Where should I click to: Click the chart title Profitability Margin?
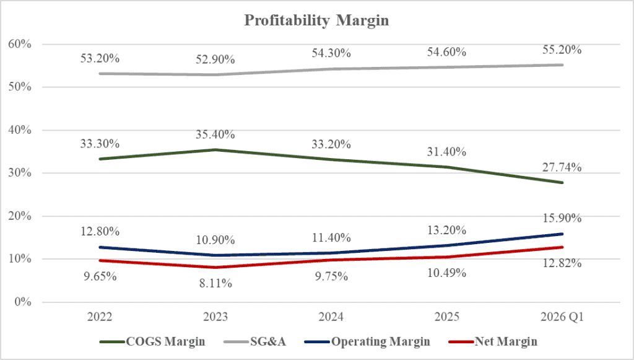[x=316, y=20]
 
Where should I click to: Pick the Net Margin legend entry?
[x=506, y=341]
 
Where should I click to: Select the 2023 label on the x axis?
[x=215, y=317]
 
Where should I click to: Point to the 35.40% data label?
[x=215, y=134]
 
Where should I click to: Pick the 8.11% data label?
[x=215, y=284]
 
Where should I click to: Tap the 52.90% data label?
[x=215, y=59]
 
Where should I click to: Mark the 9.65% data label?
[x=100, y=276]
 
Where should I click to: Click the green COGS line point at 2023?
[x=215, y=149]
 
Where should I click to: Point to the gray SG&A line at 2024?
[x=331, y=69]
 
